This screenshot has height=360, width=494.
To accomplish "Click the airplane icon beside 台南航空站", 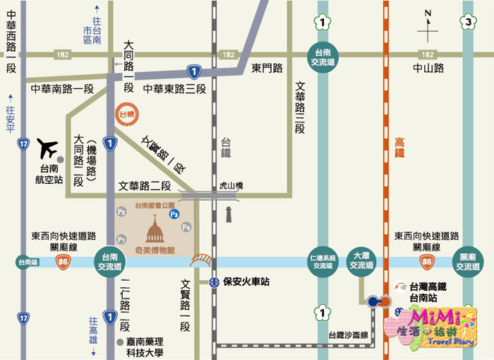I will pos(47,149).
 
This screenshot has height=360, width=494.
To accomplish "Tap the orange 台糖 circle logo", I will pos(126,113).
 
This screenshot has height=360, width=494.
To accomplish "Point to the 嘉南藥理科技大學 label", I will pos(151,347).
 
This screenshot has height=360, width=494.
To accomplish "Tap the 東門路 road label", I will pos(267,68).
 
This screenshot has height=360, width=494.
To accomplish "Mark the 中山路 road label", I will pos(428,68).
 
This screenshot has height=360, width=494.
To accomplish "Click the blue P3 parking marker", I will pos(174,213).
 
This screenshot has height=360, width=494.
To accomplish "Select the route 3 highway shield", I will pos(469,23).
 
